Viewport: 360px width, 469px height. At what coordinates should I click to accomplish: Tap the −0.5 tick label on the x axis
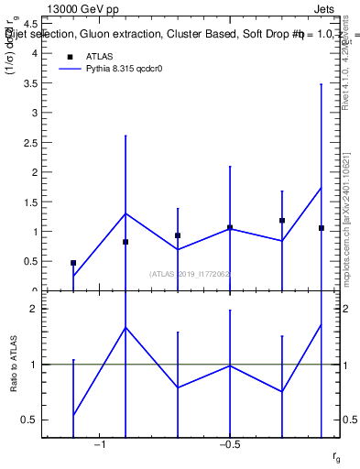(228, 444)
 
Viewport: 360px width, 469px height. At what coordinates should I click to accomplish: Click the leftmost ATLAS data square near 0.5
(73, 263)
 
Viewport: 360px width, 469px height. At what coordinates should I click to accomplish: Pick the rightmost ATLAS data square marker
(322, 228)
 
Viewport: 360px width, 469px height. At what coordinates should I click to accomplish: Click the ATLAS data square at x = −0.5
(230, 227)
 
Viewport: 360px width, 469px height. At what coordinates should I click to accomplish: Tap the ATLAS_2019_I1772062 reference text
(190, 274)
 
